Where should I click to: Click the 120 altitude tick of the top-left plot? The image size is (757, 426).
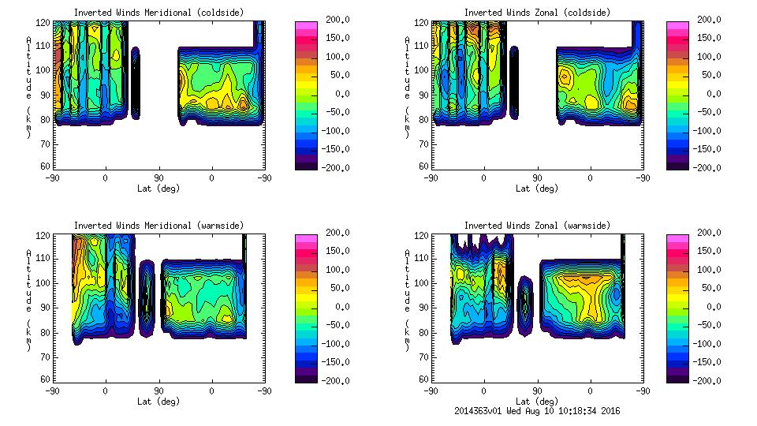[46, 24]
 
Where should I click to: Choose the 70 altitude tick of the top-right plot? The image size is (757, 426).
[423, 144]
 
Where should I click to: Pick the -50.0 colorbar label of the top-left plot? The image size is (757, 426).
[330, 112]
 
